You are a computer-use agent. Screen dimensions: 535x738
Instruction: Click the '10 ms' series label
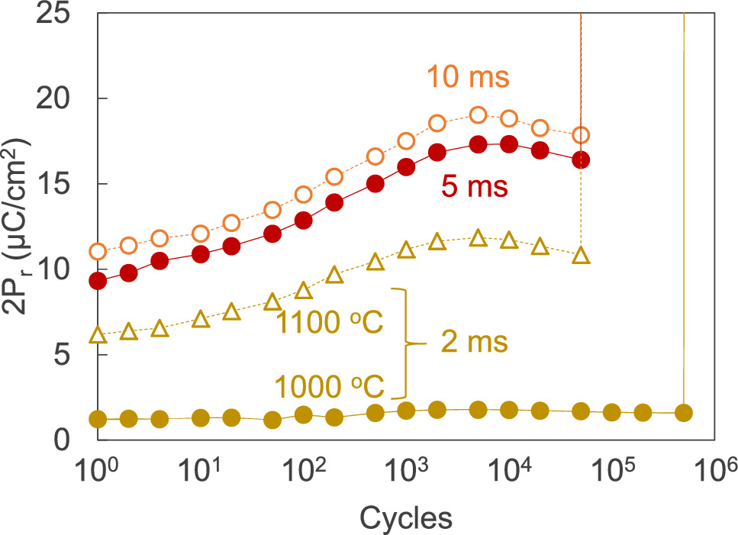(x=468, y=77)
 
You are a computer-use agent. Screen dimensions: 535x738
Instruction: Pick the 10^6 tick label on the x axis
(x=713, y=475)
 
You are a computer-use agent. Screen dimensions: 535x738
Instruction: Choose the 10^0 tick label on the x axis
(x=97, y=475)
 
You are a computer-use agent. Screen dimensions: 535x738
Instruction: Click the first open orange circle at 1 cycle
(x=98, y=251)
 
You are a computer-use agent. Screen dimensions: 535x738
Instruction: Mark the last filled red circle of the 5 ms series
(x=581, y=160)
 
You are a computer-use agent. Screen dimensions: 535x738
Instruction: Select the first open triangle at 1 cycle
(x=98, y=335)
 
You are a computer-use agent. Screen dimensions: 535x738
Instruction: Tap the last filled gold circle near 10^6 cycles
(x=684, y=412)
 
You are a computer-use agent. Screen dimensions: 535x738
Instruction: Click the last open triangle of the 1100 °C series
(x=581, y=256)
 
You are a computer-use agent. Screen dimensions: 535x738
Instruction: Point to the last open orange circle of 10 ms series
(x=581, y=135)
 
